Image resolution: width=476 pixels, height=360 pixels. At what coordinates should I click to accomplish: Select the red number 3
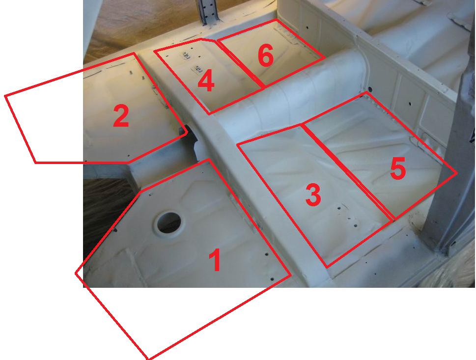(313, 194)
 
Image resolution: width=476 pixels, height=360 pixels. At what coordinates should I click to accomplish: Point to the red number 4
(206, 81)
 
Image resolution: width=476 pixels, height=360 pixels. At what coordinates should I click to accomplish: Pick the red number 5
(398, 169)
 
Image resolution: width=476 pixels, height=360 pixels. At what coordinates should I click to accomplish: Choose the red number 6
(266, 55)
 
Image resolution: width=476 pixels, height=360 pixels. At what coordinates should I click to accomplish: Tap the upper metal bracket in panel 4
(186, 55)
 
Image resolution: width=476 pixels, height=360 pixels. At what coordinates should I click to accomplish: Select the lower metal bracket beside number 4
(197, 70)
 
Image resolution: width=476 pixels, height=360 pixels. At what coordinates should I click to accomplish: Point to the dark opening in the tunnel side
(191, 140)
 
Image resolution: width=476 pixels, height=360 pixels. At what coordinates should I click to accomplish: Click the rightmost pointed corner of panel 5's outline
(457, 173)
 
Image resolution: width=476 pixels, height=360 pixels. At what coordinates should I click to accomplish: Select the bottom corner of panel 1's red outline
(148, 359)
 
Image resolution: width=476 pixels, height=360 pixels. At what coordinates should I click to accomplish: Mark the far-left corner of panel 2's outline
(5, 96)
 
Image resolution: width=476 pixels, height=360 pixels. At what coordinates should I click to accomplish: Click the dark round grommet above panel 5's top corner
(369, 89)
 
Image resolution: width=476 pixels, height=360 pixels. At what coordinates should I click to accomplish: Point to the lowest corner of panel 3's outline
(327, 267)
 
